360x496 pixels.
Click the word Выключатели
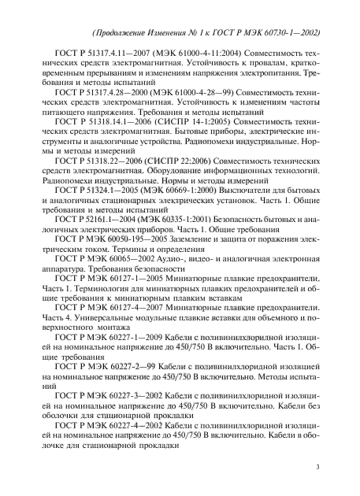coord(252,190)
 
